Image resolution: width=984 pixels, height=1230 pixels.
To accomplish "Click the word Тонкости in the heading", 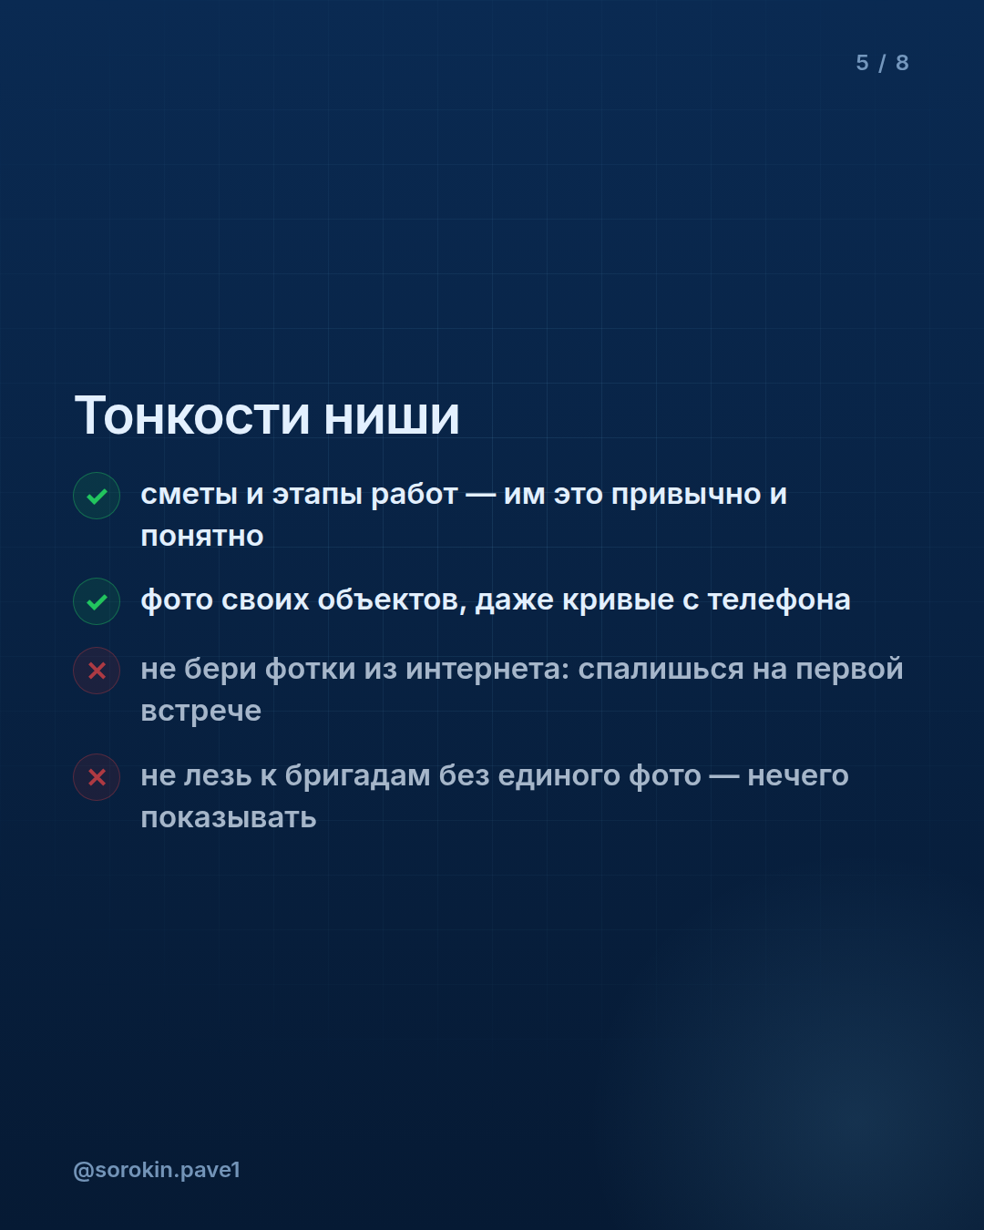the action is tap(192, 416).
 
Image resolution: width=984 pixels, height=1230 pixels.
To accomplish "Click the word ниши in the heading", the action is tap(392, 418).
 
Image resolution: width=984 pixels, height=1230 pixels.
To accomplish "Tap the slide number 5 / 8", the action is tap(882, 63).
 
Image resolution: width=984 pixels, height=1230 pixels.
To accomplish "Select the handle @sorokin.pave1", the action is tap(157, 1170).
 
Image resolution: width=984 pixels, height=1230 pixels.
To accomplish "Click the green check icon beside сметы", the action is tap(97, 496).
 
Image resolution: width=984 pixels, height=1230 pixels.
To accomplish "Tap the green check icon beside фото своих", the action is tap(97, 601).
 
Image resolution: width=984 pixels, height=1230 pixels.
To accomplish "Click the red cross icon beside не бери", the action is tap(97, 671).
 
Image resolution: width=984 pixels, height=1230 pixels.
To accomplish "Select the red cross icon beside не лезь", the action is tap(97, 777).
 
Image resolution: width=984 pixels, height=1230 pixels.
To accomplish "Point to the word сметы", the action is tap(190, 495).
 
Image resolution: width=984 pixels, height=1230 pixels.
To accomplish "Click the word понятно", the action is tap(202, 537).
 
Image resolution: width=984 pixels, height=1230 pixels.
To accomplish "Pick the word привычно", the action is tap(686, 495).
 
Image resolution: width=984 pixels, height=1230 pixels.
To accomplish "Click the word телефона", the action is tap(779, 600).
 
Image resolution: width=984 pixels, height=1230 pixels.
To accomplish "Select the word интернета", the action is tap(487, 670).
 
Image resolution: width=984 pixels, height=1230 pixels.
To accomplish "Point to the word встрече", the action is tap(201, 712).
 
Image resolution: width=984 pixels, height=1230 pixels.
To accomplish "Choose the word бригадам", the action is tap(357, 776).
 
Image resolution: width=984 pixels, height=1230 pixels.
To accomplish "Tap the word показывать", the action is tap(229, 818).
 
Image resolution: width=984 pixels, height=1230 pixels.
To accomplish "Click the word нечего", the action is tap(798, 776).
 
